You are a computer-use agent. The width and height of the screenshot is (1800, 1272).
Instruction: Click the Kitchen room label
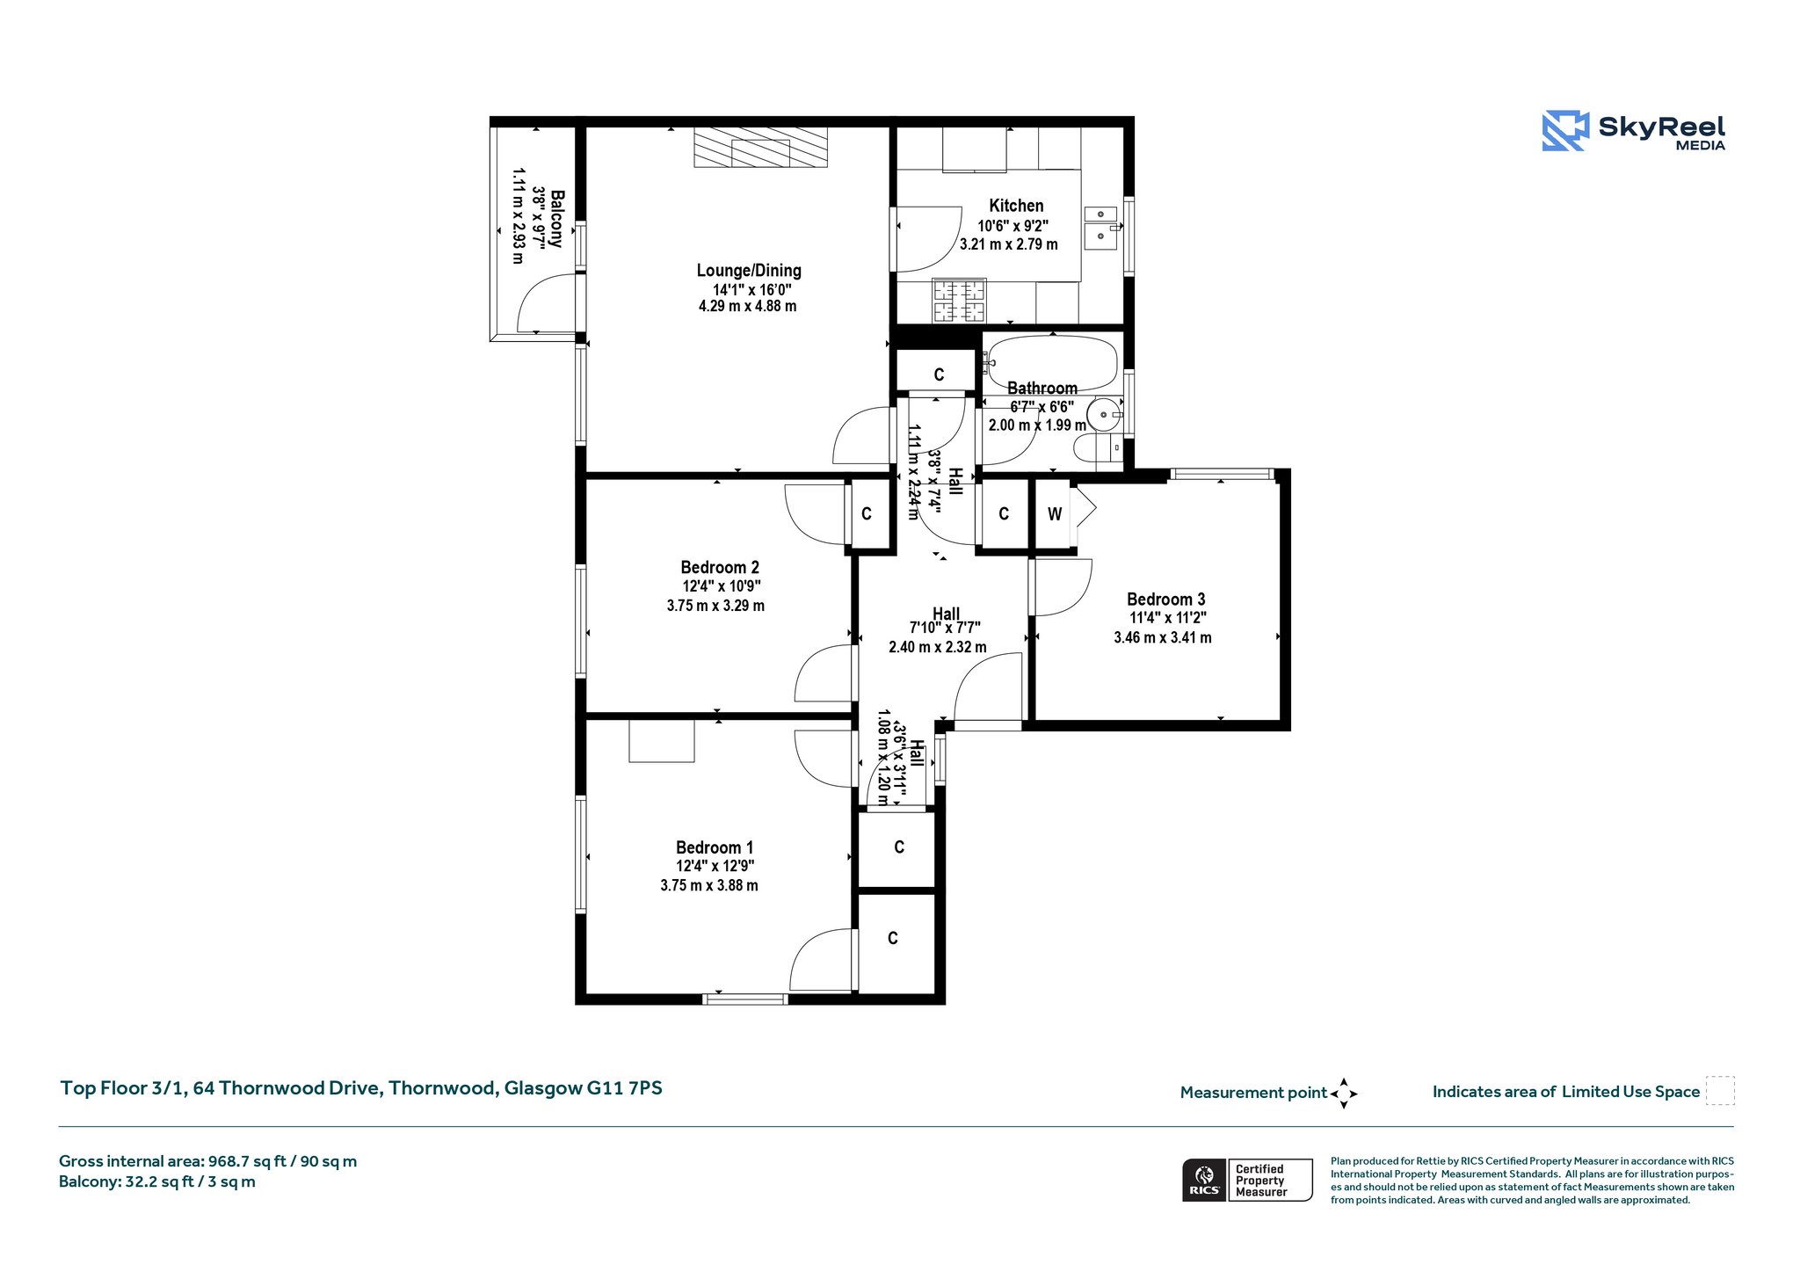click(x=1016, y=206)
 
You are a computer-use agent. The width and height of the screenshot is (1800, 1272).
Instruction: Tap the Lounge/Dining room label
click(x=749, y=271)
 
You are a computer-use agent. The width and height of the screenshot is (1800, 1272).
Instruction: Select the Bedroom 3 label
click(x=1165, y=600)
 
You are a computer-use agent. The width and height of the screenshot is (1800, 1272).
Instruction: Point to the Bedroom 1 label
click(x=715, y=847)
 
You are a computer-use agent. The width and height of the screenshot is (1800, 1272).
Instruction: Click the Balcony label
click(x=556, y=218)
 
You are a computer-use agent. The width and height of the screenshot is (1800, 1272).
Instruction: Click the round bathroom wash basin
click(x=1104, y=414)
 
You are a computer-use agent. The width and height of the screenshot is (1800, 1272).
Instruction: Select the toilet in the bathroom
click(x=1099, y=447)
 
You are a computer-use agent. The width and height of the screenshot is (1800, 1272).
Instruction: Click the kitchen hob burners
click(x=959, y=301)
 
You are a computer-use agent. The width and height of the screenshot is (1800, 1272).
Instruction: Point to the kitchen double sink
click(x=1100, y=228)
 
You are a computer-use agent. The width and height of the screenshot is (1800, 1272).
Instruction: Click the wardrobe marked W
click(x=1055, y=514)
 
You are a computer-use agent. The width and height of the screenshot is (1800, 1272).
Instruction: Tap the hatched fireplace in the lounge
click(x=760, y=147)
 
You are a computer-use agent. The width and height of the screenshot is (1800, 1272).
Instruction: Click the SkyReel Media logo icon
click(x=1565, y=131)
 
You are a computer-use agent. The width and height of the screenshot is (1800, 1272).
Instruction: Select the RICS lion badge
click(x=1204, y=1179)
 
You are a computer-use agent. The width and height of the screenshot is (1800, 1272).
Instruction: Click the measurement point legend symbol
click(x=1343, y=1094)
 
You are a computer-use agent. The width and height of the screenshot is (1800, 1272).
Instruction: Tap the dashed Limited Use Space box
click(x=1720, y=1091)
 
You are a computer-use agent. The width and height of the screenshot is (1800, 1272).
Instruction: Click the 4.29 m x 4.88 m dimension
click(x=748, y=307)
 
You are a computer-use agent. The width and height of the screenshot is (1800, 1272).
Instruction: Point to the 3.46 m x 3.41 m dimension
click(x=1163, y=638)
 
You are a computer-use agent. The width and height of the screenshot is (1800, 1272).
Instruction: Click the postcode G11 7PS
click(x=625, y=1088)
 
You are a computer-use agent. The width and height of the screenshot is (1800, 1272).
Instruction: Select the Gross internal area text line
click(x=207, y=1161)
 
